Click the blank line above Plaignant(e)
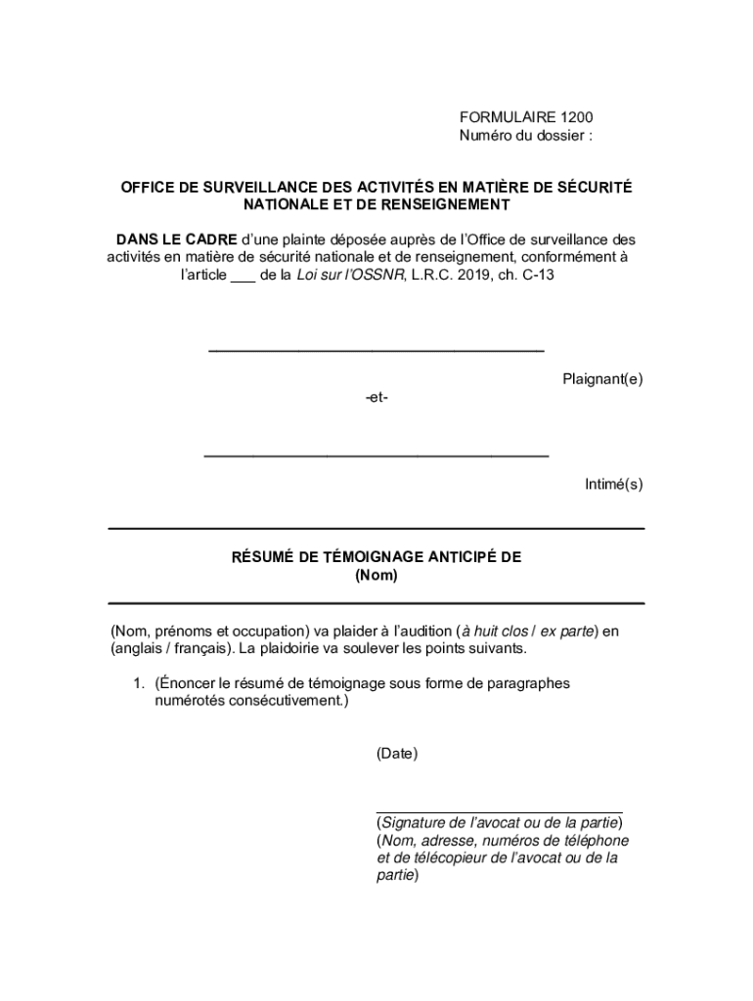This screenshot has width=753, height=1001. pos(376,349)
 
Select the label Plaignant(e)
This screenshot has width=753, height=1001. pos(602,379)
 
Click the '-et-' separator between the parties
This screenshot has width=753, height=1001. pos(376,398)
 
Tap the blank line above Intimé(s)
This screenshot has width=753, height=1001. pos(376,456)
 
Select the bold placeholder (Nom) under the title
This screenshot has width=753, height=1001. pos(376,576)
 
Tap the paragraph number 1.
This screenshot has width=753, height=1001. pos(140,683)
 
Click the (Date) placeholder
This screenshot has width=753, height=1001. pos(397,754)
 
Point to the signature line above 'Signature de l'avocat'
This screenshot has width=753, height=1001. pos(499,811)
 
